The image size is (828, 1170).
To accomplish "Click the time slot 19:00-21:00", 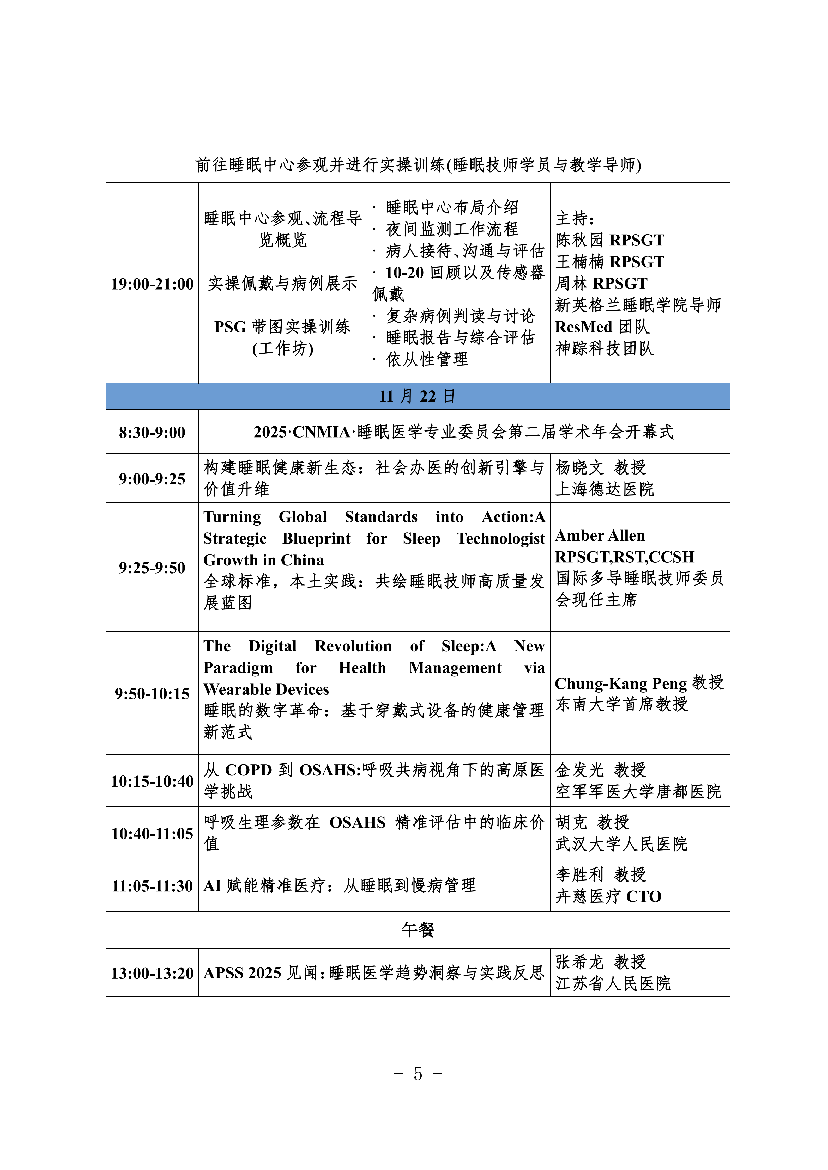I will click(x=152, y=284).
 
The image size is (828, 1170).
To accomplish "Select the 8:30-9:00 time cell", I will click(x=152, y=432).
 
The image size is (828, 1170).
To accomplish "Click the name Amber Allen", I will click(x=600, y=535).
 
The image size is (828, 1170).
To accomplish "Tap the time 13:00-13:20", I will click(x=152, y=973).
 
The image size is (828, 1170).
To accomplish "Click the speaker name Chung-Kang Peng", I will click(x=620, y=683).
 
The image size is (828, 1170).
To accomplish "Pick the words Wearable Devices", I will click(x=266, y=689).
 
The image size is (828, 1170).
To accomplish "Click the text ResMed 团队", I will click(x=602, y=327).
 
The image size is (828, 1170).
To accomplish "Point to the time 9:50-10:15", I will click(x=152, y=694).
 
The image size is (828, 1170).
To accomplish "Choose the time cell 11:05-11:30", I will click(x=152, y=886).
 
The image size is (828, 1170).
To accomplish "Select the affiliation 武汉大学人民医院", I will click(x=621, y=844).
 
